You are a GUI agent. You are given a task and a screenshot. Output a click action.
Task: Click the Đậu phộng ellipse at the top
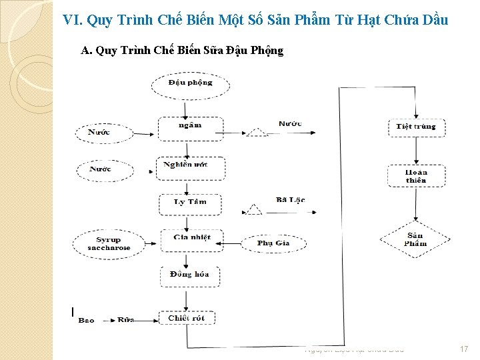click(190, 83)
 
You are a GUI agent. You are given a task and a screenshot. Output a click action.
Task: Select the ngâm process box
click(190, 127)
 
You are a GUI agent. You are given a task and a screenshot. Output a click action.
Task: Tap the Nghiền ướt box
click(191, 167)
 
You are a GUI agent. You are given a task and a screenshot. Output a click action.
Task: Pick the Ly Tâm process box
click(190, 203)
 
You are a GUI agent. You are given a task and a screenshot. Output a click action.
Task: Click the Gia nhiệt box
click(191, 239)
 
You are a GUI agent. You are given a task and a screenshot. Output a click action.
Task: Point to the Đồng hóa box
click(190, 276)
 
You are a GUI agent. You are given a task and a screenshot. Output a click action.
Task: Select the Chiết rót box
click(187, 319)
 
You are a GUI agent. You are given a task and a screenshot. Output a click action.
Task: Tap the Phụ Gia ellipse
click(273, 243)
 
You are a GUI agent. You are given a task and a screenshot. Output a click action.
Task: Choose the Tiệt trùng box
click(416, 127)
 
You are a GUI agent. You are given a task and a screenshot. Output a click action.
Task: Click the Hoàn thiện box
click(416, 176)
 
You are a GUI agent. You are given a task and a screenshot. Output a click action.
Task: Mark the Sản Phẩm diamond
click(415, 239)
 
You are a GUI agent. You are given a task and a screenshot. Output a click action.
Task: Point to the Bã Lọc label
click(290, 200)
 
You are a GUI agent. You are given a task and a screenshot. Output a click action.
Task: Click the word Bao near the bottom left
click(87, 321)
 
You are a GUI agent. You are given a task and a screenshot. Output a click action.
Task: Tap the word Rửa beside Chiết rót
click(126, 320)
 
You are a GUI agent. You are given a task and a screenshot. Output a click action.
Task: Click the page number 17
click(464, 349)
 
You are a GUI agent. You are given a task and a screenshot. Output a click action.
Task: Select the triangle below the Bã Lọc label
click(253, 210)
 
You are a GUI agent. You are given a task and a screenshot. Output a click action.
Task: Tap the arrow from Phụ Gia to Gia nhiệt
click(230, 243)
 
